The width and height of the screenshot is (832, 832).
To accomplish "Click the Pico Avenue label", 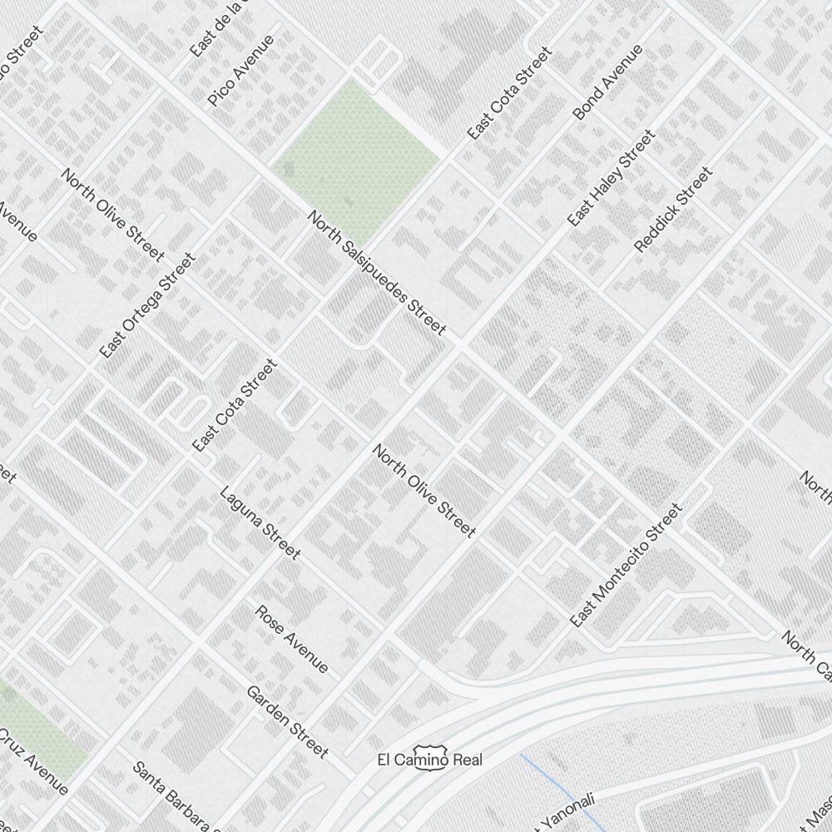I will [x=240, y=71].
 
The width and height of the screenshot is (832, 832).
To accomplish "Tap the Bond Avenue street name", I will [x=608, y=82].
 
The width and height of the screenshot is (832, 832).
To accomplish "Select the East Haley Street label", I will [x=611, y=178].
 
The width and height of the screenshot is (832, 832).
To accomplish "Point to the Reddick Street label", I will [x=673, y=210].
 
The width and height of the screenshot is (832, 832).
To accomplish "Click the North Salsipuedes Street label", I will [x=377, y=273].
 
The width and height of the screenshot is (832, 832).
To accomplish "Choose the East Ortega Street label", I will [x=147, y=306].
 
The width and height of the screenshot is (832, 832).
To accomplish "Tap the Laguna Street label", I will [x=260, y=522].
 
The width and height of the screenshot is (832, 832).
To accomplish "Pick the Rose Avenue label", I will [x=291, y=639].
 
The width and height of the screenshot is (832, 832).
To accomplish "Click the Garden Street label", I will [x=287, y=721].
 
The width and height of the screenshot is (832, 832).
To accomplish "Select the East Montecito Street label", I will [x=626, y=565].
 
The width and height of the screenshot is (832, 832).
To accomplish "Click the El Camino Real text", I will [x=429, y=759].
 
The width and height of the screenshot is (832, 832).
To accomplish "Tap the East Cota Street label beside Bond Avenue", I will [x=509, y=93].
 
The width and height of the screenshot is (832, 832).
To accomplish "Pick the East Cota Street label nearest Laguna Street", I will [x=234, y=405].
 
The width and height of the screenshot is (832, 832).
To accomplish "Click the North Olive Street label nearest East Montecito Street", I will [x=424, y=491].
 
